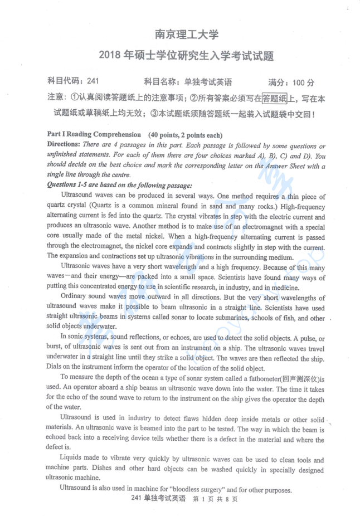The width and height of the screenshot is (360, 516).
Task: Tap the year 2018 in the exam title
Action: pos(111,56)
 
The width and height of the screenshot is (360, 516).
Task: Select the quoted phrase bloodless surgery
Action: pos(194,490)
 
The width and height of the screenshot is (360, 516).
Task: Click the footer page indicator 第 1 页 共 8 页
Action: pos(215,499)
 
